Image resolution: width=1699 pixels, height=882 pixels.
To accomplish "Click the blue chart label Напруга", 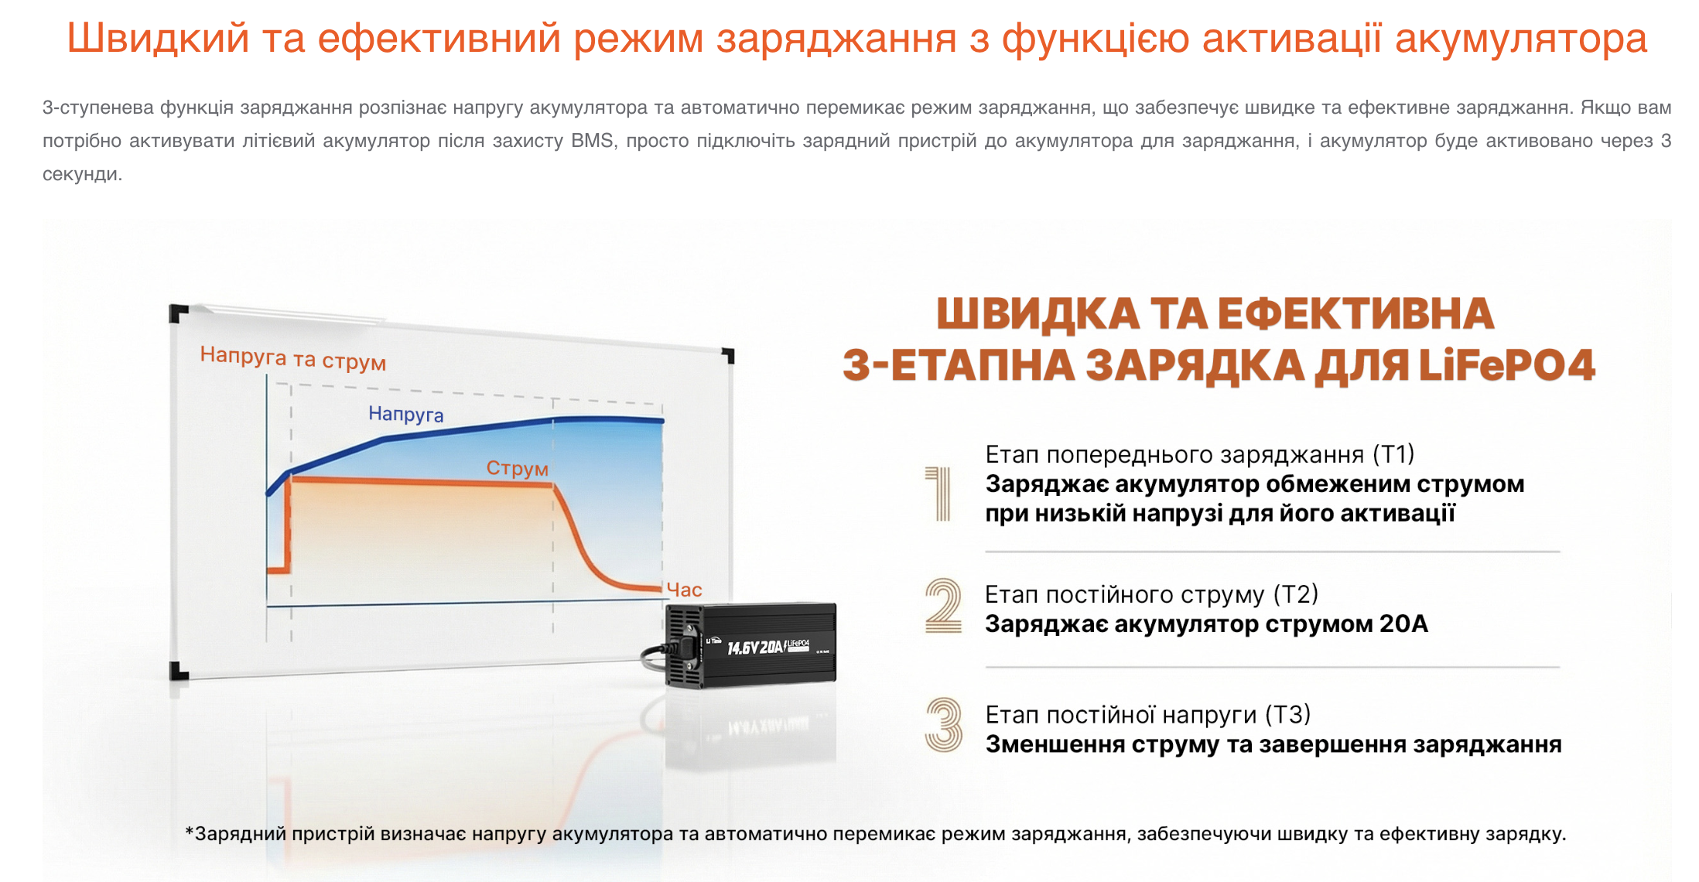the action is pyautogui.click(x=405, y=415).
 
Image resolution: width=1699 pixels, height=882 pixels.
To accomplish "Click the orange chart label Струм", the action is pyautogui.click(x=517, y=468).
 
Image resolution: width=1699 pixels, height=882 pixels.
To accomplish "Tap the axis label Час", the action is pyautogui.click(x=684, y=590).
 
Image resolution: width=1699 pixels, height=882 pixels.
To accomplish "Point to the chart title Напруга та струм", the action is pyautogui.click(x=292, y=358).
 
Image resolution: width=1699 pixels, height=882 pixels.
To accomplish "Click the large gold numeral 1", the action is pyautogui.click(x=939, y=494).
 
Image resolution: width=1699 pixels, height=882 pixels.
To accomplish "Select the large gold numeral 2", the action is pyautogui.click(x=943, y=605).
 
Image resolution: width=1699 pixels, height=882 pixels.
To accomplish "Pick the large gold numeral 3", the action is pyautogui.click(x=944, y=725).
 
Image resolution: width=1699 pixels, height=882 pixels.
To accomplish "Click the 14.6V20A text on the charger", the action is pyautogui.click(x=756, y=647).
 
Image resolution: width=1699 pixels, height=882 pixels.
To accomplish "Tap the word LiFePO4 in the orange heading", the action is pyautogui.click(x=1506, y=364).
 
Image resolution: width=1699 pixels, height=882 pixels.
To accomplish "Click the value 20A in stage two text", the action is pyautogui.click(x=1403, y=624).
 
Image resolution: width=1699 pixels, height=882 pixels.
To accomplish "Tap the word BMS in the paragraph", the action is pyautogui.click(x=593, y=141).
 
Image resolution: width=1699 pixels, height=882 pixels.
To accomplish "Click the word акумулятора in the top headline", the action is pyautogui.click(x=1521, y=39).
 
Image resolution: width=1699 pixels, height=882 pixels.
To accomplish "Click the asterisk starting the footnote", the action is pyautogui.click(x=190, y=832).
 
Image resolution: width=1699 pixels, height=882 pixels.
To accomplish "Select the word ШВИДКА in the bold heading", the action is pyautogui.click(x=1038, y=313).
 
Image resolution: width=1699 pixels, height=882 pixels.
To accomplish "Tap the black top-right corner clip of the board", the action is pyautogui.click(x=728, y=355).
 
